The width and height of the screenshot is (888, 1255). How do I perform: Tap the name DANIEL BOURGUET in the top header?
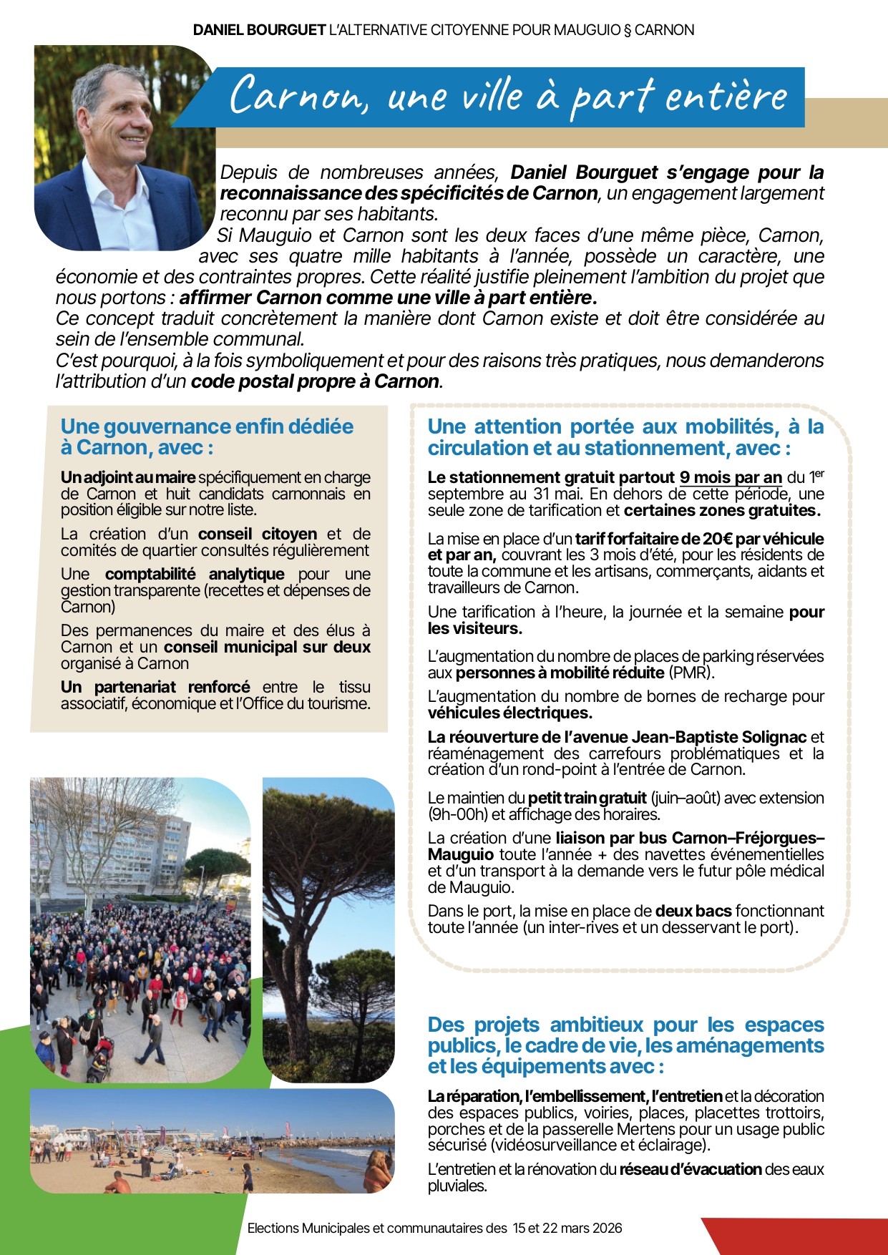pyautogui.click(x=259, y=30)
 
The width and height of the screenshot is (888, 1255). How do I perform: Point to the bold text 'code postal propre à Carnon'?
pyautogui.click(x=315, y=381)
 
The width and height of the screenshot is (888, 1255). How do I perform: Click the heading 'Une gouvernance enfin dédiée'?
pyautogui.click(x=207, y=426)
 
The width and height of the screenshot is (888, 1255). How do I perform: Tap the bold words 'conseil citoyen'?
pyautogui.click(x=258, y=534)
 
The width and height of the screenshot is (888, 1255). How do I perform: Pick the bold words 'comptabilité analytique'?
pyautogui.click(x=195, y=574)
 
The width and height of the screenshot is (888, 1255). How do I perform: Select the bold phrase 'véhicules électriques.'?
pyautogui.click(x=509, y=713)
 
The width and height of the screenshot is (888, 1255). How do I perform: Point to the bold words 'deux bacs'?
pyautogui.click(x=693, y=911)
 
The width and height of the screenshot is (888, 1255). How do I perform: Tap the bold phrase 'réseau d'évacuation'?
pyautogui.click(x=690, y=1169)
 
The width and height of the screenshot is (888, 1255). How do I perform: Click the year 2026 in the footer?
pyautogui.click(x=605, y=1229)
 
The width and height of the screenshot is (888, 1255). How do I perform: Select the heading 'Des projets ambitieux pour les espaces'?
pyautogui.click(x=625, y=1025)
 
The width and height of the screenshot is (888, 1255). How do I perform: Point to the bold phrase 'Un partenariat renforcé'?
pyautogui.click(x=155, y=687)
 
